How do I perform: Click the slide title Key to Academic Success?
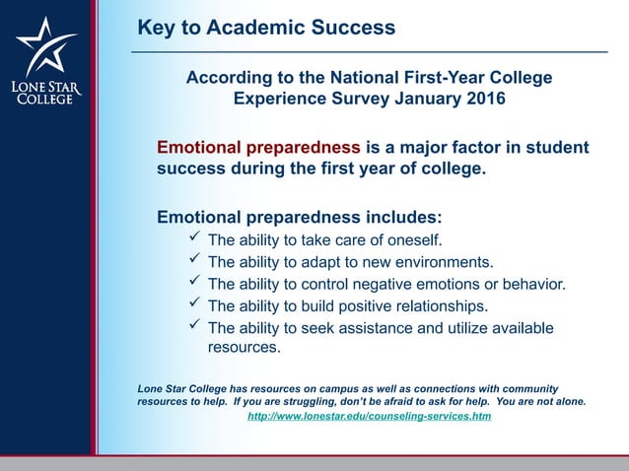click(266, 28)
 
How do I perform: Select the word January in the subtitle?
click(424, 99)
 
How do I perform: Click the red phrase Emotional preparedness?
click(258, 148)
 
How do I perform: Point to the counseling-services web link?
click(369, 417)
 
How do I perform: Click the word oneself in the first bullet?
click(413, 239)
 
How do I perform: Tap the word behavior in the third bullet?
click(532, 284)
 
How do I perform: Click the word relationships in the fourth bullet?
click(437, 305)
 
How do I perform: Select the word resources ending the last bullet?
click(244, 347)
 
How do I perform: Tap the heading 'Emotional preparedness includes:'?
click(300, 216)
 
